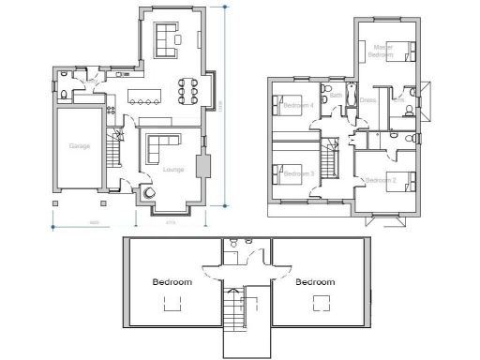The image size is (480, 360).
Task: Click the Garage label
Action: click(79, 146)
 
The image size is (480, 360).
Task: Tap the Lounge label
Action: click(172, 170)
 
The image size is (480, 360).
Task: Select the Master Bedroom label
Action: click(382, 50)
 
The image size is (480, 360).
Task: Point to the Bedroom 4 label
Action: click(297, 105)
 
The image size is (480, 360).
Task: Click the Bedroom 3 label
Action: click(297, 174)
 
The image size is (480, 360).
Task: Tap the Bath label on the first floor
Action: click(336, 95)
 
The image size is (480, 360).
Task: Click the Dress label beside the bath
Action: click(367, 99)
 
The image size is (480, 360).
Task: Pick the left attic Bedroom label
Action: click(172, 281)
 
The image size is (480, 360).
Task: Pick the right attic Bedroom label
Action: click(314, 281)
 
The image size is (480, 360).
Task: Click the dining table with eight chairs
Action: click(187, 92)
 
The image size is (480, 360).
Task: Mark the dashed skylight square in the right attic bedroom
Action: click(322, 303)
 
